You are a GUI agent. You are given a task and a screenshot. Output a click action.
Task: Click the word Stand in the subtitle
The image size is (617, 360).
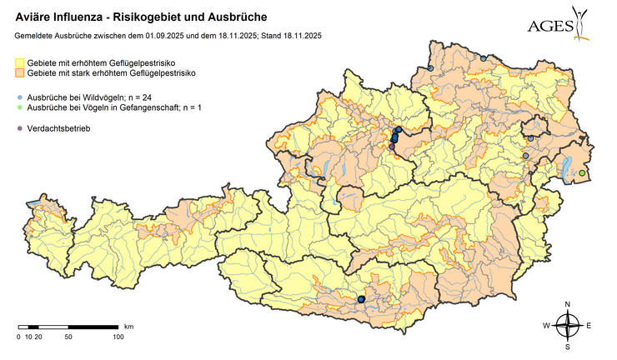pyautogui.click(x=264, y=35)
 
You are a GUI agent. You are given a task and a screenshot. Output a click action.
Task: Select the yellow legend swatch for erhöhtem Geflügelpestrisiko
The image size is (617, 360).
pyautogui.click(x=20, y=63)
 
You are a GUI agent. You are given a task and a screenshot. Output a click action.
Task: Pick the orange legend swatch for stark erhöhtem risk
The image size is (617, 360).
pyautogui.click(x=20, y=74)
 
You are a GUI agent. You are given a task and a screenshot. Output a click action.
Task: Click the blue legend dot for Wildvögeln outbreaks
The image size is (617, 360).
pyautogui.click(x=20, y=97)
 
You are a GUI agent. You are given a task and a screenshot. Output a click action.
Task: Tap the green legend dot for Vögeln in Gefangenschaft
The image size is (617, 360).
pyautogui.click(x=20, y=108)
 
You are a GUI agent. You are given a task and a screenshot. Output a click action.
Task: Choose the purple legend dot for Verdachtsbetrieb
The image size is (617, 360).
pyautogui.click(x=20, y=129)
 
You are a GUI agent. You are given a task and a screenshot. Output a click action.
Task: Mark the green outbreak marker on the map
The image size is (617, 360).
pyautogui.click(x=582, y=173)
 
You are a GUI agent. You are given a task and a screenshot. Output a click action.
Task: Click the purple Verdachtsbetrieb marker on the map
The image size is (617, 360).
pyautogui.click(x=392, y=147)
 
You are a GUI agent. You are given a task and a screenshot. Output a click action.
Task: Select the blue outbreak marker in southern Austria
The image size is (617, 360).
pyautogui.click(x=361, y=298)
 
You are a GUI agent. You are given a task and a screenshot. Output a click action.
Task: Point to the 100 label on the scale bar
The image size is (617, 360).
pyautogui.click(x=118, y=337)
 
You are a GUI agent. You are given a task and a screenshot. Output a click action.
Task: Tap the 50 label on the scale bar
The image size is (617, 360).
pyautogui.click(x=68, y=337)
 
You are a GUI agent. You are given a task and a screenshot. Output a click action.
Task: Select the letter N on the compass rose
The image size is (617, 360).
pyautogui.click(x=567, y=304)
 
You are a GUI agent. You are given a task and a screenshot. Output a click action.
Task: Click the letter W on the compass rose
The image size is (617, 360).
pyautogui.click(x=547, y=325)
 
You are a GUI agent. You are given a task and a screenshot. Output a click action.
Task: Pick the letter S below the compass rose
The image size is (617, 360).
pyautogui.click(x=567, y=346)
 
